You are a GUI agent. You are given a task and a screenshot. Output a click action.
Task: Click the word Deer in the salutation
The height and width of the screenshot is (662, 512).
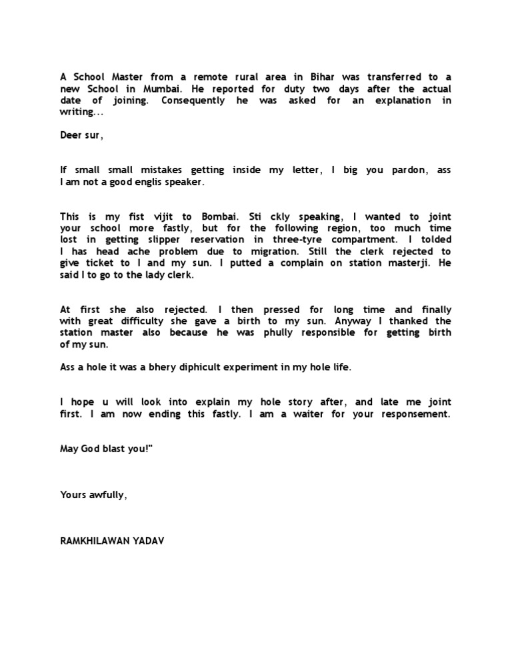click(x=71, y=135)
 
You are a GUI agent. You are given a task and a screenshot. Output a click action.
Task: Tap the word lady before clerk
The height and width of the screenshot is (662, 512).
click(x=149, y=275)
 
